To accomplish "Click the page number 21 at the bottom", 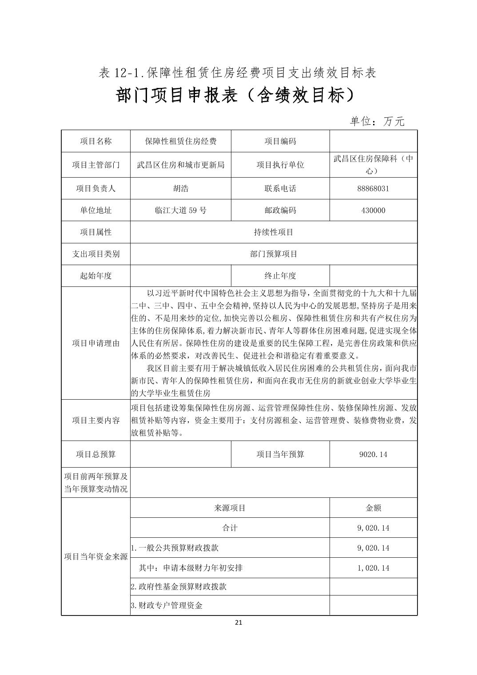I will pos(238,622).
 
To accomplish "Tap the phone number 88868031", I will pos(373,188).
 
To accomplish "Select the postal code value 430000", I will pos(373,210).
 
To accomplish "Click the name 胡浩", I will pos(180,188).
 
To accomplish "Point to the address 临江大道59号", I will pos(180,210).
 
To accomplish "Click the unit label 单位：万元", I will pos(377,121).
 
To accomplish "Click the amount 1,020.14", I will pos(373,568).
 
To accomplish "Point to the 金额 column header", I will pos(373,508).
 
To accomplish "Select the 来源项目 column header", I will pos(230,508).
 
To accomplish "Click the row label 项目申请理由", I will pos(95,343).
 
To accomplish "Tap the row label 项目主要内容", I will pos(95,420).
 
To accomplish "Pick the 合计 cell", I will pos(230,528).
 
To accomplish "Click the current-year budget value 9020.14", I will pos(373,454).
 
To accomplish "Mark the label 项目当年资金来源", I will pos(95,556).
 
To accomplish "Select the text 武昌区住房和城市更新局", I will pos(180,165).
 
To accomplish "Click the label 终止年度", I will pos(280,276).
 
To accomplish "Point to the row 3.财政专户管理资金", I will pos(167,605).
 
